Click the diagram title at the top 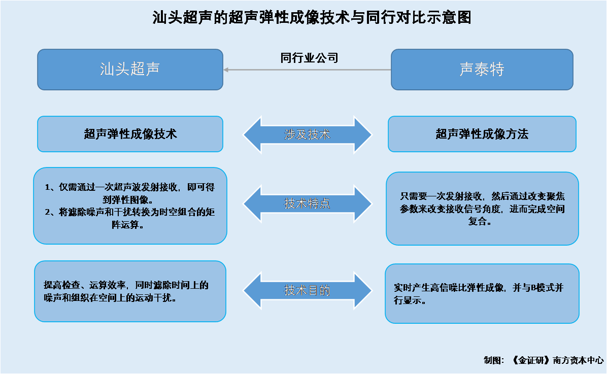(x=312, y=18)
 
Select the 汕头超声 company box (x=130, y=70)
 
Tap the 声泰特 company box (x=482, y=70)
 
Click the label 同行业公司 (x=309, y=58)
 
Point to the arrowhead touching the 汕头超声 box (x=226, y=70)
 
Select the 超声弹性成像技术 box (x=130, y=134)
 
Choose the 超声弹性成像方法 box (x=482, y=134)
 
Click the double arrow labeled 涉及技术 (x=308, y=134)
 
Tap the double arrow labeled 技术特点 (x=308, y=203)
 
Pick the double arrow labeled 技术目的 (x=308, y=290)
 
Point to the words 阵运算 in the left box (x=125, y=225)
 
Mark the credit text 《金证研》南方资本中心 (x=557, y=360)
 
